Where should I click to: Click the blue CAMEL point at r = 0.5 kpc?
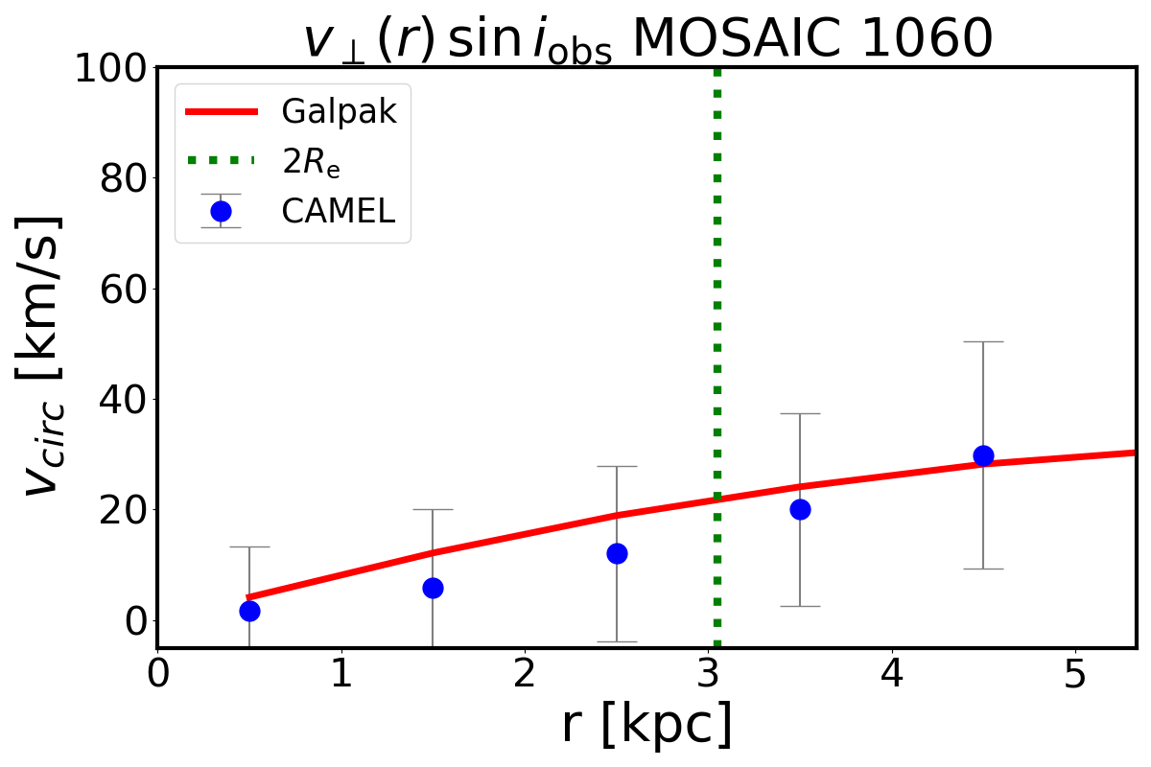(x=249, y=611)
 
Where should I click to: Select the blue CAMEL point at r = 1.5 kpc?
(x=433, y=588)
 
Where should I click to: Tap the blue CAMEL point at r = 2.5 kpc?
(x=617, y=553)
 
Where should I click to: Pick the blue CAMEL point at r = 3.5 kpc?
(x=800, y=509)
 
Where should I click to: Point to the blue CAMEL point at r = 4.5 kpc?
(x=983, y=455)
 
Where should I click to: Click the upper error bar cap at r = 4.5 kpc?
(x=983, y=341)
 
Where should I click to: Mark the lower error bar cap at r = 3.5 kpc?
(x=800, y=606)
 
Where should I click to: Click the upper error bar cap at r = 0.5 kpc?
(x=249, y=546)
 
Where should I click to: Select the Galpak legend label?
(x=339, y=112)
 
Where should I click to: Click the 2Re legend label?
(x=311, y=163)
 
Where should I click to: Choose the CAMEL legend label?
(x=338, y=212)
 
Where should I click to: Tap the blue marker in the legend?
(x=221, y=211)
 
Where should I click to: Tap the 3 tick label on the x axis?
(x=709, y=675)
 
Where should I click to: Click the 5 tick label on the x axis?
(x=1075, y=675)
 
